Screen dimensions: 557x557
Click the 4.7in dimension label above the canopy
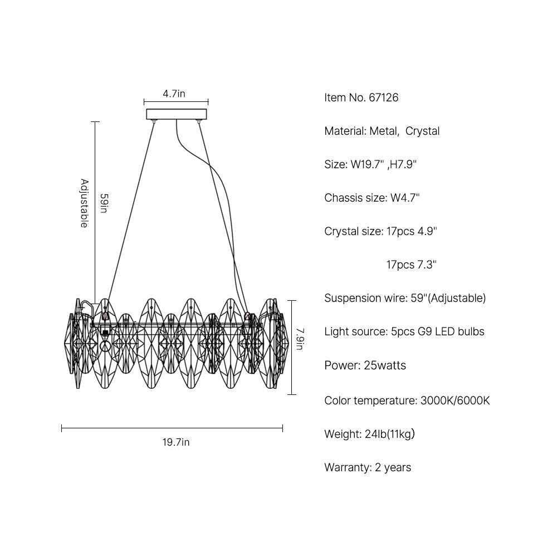point(174,94)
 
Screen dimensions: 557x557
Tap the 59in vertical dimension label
point(104,203)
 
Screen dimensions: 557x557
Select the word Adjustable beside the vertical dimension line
point(84,203)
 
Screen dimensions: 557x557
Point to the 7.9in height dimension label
point(300,339)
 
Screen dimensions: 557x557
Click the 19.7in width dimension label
point(176,442)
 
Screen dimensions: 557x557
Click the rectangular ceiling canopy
point(177,114)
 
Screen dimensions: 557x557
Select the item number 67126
point(384,97)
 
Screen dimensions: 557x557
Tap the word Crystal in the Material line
point(422,131)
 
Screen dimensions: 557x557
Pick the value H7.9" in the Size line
point(403,164)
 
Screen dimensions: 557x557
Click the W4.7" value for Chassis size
point(405,198)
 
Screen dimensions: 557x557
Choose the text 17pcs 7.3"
point(412,265)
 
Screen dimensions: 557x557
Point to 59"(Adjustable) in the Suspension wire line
point(448,298)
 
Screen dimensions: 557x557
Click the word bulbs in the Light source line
point(471,332)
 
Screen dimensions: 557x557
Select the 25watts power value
point(385,365)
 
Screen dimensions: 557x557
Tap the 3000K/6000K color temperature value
point(455,400)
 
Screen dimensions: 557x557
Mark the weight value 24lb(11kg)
point(390,434)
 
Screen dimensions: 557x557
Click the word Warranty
point(348,468)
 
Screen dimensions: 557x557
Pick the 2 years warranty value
point(393,468)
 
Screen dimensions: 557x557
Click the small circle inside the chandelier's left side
point(105,345)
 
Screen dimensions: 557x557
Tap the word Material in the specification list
point(345,131)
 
